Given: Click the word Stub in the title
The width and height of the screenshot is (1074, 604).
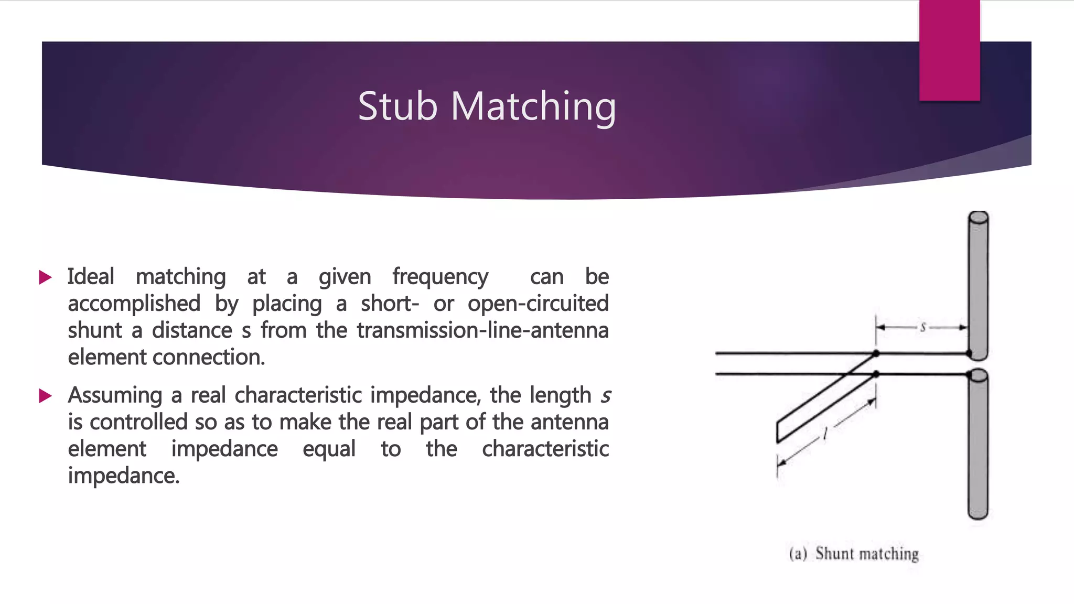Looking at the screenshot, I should point(397,106).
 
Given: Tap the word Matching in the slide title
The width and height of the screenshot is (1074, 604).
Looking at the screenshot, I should point(533,107).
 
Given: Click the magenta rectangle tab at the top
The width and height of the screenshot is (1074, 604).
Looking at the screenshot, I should point(949,50).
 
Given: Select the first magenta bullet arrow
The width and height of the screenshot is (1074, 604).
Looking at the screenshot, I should point(46,277).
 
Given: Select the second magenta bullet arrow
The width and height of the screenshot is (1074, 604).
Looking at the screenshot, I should point(46,396).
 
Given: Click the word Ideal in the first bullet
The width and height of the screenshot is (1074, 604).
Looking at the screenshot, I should point(91,277).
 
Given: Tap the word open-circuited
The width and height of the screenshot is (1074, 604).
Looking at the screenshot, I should point(538,304).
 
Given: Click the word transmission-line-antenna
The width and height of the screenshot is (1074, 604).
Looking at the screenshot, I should point(482,330).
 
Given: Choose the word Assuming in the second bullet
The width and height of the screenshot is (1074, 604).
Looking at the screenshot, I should point(115,395).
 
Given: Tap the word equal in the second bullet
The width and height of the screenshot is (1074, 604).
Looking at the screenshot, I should point(329,449).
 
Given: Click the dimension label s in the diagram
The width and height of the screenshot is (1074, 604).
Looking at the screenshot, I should point(922,328).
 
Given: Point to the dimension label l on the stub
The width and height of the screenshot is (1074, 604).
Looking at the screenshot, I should point(825,434).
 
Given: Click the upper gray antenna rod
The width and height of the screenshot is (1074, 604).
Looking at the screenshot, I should point(978,283).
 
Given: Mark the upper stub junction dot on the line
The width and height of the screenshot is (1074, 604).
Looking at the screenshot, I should point(876,354).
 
